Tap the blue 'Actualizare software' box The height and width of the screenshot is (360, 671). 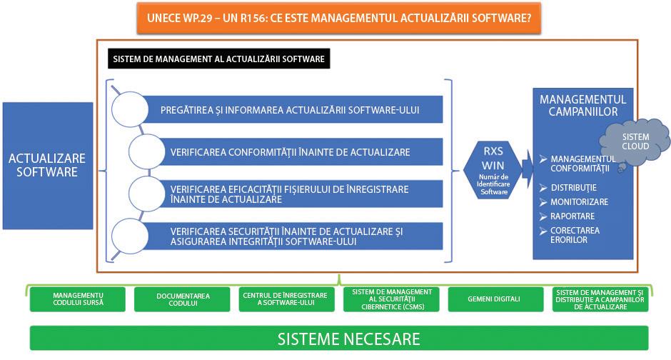click(x=48, y=164)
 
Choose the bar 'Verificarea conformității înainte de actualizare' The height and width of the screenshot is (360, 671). click(x=300, y=152)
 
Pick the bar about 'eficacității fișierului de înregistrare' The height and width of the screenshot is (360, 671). click(x=300, y=194)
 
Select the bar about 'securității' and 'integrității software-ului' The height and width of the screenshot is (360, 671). click(x=300, y=236)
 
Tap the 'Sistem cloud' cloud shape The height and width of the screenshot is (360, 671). click(x=635, y=141)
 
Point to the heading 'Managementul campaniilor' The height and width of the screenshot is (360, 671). click(x=583, y=106)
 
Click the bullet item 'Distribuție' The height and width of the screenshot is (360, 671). click(x=568, y=187)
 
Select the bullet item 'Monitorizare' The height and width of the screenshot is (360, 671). click(x=579, y=202)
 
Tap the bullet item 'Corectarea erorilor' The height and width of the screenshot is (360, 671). click(x=575, y=235)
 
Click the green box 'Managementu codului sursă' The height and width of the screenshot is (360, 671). click(x=78, y=299)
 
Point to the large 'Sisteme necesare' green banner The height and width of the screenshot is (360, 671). click(x=338, y=337)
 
